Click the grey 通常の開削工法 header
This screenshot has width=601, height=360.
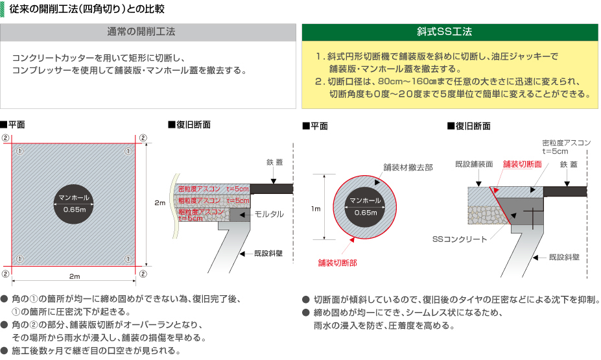[150, 32]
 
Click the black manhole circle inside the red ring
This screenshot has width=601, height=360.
[365, 206]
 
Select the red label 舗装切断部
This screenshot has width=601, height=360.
[337, 263]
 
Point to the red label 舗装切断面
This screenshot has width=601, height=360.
[522, 164]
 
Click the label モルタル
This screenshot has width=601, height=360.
[269, 213]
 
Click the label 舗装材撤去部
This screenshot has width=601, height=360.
[408, 167]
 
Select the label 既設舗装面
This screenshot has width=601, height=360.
[474, 164]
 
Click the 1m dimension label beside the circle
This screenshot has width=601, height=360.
[316, 209]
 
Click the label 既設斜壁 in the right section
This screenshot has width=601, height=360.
[564, 257]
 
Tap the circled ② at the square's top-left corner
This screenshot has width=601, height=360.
[5, 138]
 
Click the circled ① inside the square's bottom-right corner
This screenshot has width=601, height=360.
[129, 259]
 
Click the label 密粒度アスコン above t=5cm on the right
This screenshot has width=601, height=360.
[564, 142]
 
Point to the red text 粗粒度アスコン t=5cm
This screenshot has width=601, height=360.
[202, 215]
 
